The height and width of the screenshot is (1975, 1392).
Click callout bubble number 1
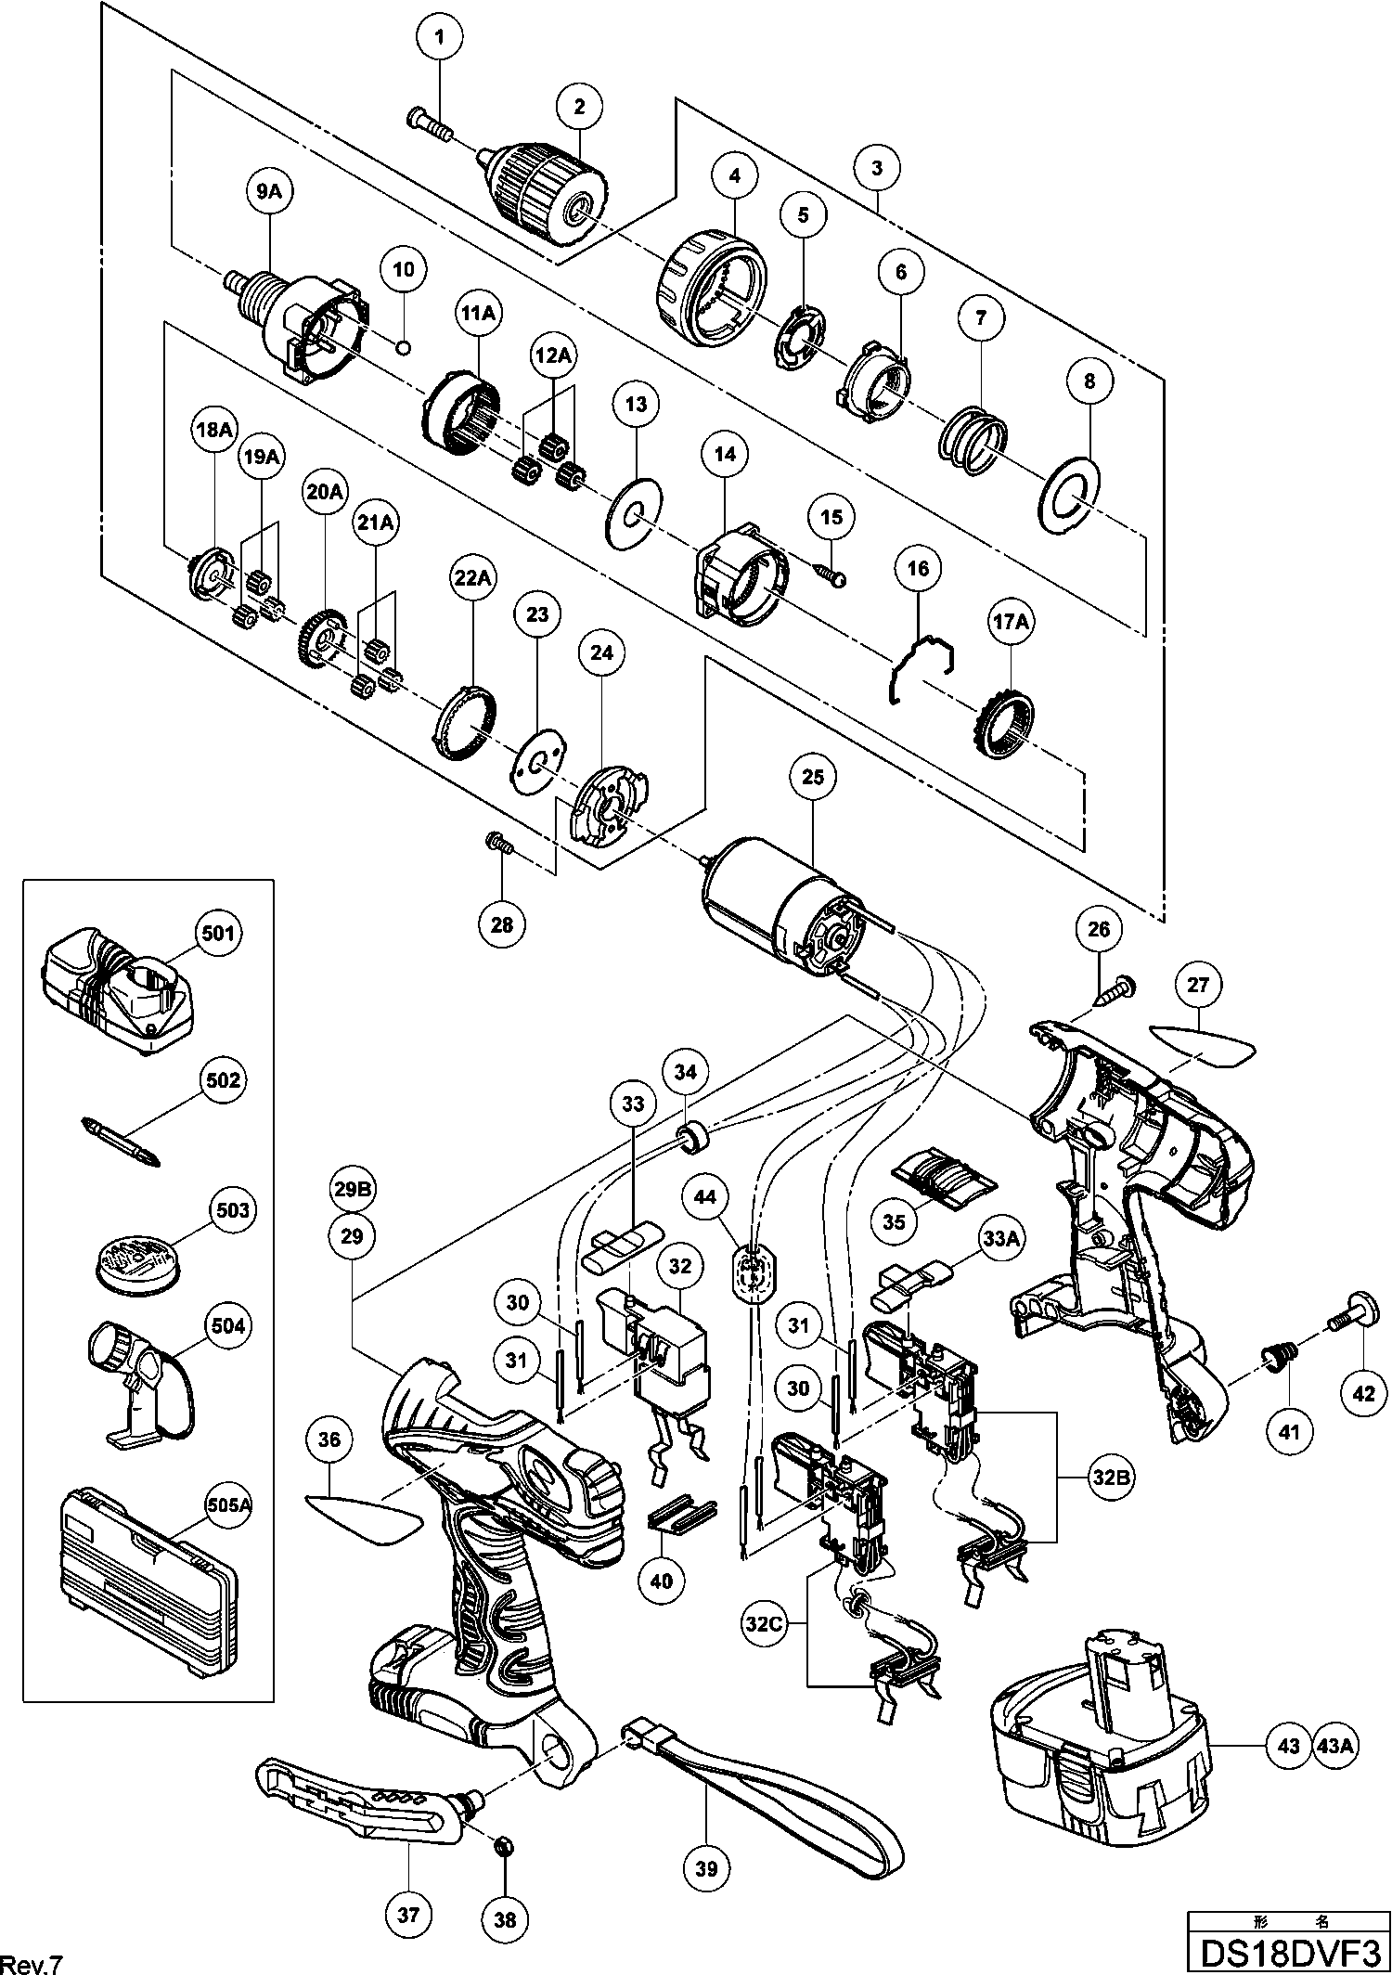click(x=441, y=38)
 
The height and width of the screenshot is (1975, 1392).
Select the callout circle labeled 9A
click(x=267, y=191)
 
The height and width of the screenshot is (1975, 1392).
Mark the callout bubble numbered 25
click(x=812, y=778)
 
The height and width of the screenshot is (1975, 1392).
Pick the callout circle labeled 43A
click(x=1335, y=1745)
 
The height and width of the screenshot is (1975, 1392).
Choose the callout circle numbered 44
click(x=710, y=1198)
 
